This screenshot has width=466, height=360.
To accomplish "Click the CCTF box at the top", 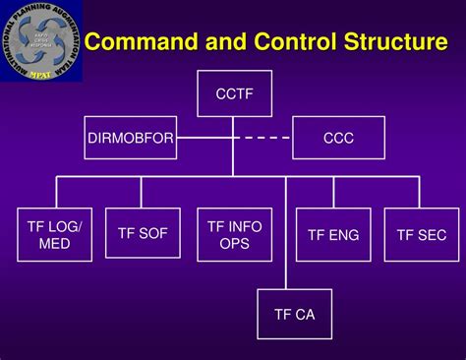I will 234,94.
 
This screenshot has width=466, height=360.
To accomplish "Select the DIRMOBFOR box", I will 129,139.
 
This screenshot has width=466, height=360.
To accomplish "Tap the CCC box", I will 338,139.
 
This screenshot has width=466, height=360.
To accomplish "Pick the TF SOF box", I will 143,235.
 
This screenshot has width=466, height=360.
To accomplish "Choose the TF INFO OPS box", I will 234,235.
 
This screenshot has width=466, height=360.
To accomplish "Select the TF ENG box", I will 333,235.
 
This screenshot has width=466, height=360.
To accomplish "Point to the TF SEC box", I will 421,235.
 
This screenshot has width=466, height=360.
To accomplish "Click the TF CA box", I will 294,315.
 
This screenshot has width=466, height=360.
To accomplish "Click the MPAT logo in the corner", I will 41,41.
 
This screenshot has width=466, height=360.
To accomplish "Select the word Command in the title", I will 139,42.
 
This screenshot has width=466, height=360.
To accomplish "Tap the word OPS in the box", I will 234,244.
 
